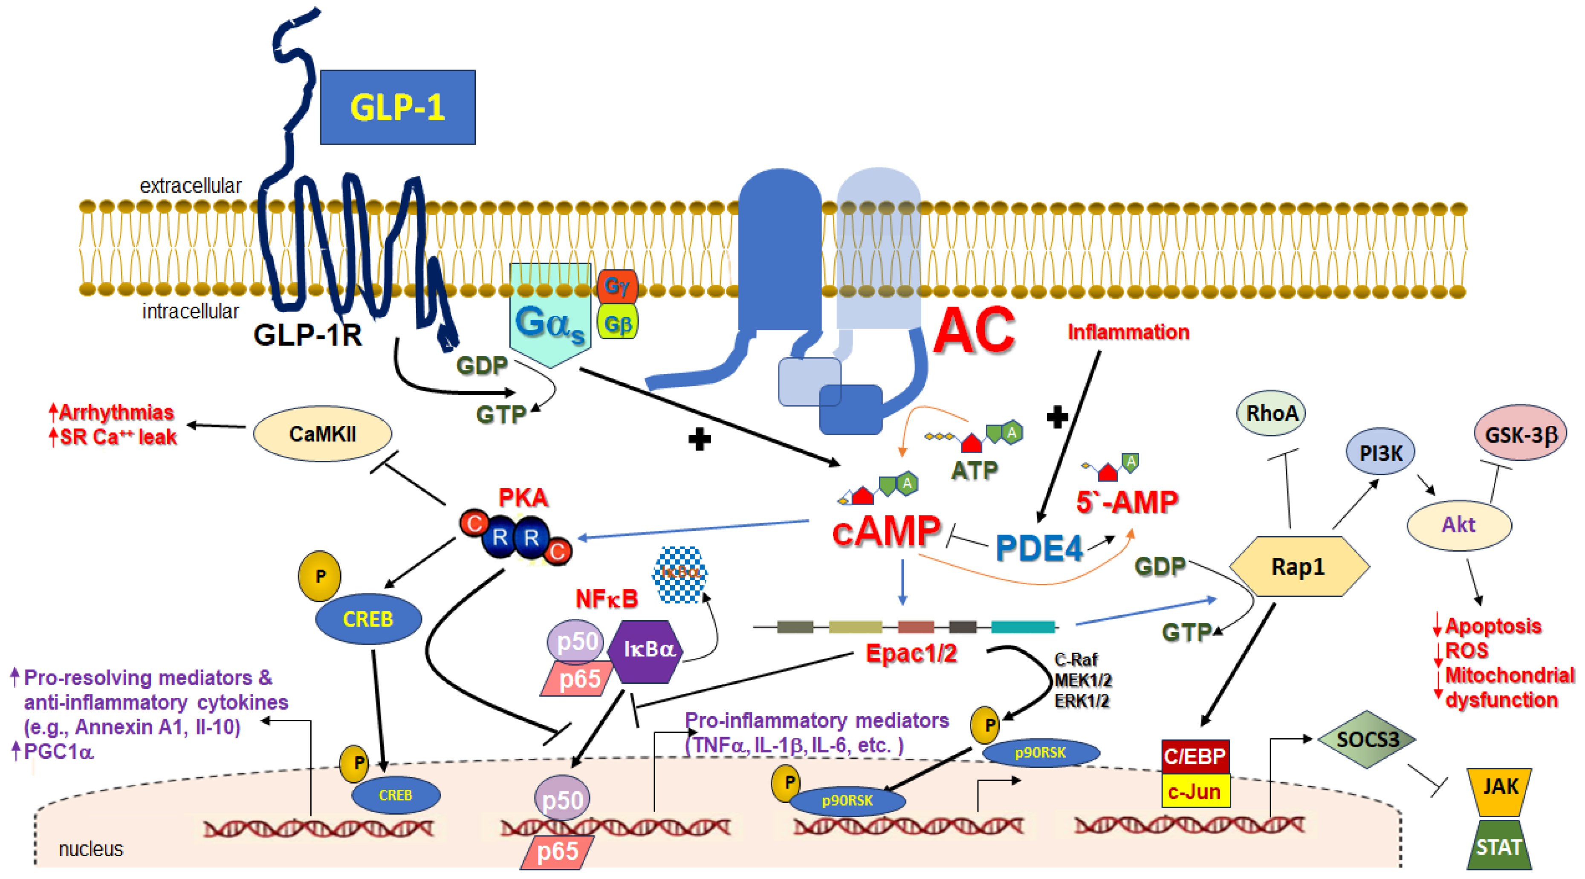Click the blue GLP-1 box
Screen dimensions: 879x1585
397,107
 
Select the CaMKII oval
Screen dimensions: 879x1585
322,434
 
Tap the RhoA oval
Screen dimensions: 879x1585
1271,413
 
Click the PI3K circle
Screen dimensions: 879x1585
1381,452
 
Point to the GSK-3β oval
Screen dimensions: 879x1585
1520,434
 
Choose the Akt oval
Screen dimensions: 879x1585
1459,525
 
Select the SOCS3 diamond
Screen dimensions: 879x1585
1367,739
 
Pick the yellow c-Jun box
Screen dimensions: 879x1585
1195,792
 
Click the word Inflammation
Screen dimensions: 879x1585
1128,332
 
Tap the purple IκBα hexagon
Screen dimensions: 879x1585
645,651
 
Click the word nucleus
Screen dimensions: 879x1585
91,849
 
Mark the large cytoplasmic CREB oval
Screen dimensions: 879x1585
368,619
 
